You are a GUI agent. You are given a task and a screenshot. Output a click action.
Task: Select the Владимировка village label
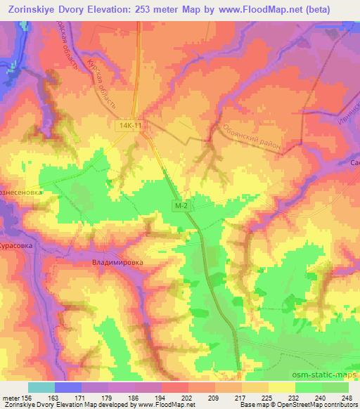pos(117,262)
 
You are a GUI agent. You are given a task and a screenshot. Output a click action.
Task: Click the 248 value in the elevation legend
pos(344,397)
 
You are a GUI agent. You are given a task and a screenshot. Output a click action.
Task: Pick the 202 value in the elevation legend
pos(186,397)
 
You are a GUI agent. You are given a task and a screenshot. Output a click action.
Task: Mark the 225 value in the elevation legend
pos(265,397)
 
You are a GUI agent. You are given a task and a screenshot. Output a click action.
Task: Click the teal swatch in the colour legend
pos(41,387)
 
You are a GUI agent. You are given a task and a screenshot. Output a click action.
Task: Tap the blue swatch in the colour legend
pos(67,387)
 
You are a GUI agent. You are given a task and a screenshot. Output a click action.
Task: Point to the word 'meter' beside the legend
pos(11,397)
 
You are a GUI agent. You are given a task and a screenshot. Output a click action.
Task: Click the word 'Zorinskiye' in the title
pos(32,8)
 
